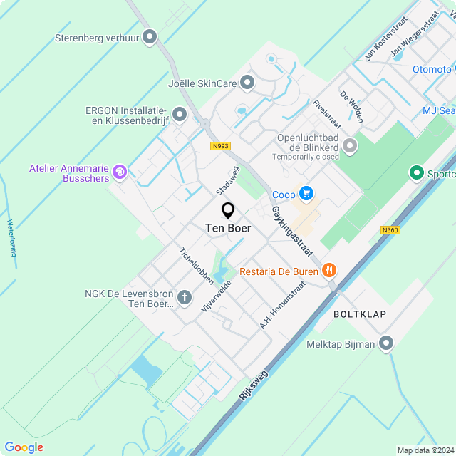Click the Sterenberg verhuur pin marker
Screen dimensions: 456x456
(x=150, y=36)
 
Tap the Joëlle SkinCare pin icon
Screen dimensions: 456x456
(x=247, y=83)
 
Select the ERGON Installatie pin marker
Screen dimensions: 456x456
(x=179, y=114)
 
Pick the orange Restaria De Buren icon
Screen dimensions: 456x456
(x=328, y=270)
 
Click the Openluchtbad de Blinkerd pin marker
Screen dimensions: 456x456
(x=350, y=146)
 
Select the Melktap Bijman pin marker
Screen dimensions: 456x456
(x=387, y=343)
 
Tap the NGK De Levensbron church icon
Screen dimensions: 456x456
(x=185, y=297)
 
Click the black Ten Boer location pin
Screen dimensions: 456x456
(x=228, y=211)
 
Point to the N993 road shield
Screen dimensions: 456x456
(x=221, y=146)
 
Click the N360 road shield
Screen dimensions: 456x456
(x=390, y=230)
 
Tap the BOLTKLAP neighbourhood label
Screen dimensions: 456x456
(x=355, y=313)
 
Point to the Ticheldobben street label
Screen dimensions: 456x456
(x=197, y=265)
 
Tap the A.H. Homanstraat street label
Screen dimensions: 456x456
(x=283, y=304)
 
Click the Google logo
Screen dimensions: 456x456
(x=24, y=447)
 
